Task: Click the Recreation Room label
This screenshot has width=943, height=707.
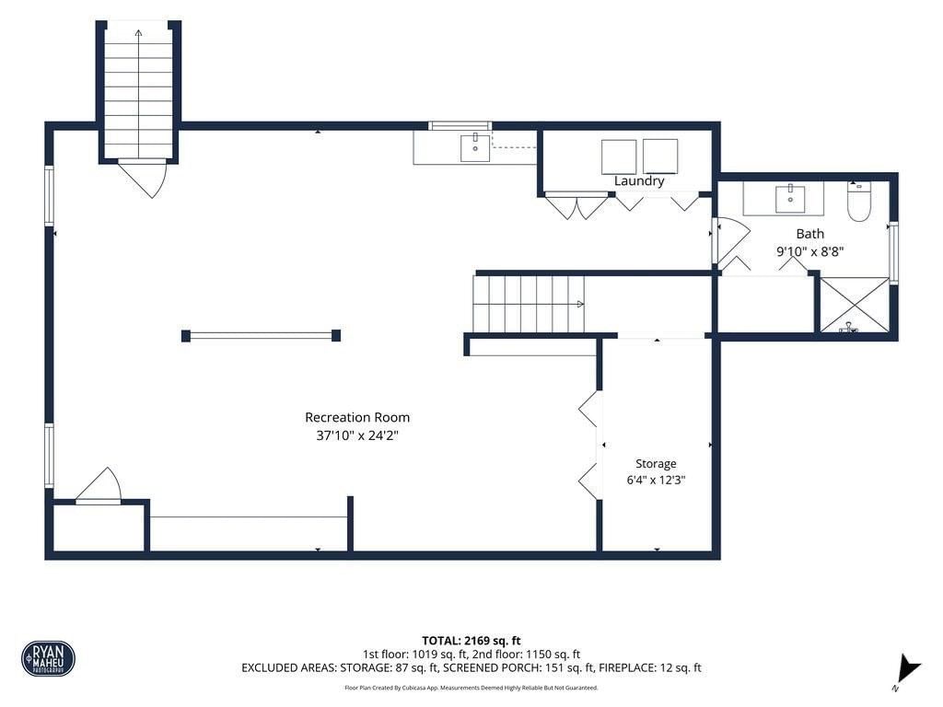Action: click(357, 417)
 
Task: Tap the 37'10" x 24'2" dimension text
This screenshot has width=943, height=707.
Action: click(357, 435)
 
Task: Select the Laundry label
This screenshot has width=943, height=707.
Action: click(639, 181)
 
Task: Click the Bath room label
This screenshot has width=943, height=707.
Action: click(810, 234)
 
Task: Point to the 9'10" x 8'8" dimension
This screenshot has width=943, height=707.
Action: click(810, 251)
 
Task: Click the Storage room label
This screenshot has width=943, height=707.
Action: click(656, 464)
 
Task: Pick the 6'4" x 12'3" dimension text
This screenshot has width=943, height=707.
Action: click(656, 480)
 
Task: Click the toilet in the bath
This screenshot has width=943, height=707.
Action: click(858, 202)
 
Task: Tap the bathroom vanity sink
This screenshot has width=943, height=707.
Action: click(789, 199)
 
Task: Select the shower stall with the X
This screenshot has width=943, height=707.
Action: click(854, 304)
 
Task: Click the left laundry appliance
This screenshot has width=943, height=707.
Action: click(619, 156)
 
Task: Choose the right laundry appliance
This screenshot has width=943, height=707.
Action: click(660, 156)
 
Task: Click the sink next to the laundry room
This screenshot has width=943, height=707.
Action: click(475, 148)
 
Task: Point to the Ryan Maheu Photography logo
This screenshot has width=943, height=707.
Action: click(48, 658)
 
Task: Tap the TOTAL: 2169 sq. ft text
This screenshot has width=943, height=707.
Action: click(471, 641)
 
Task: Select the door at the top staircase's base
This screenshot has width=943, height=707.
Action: click(142, 179)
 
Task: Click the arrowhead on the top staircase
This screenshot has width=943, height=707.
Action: click(138, 34)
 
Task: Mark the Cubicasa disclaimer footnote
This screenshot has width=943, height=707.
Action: click(471, 688)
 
